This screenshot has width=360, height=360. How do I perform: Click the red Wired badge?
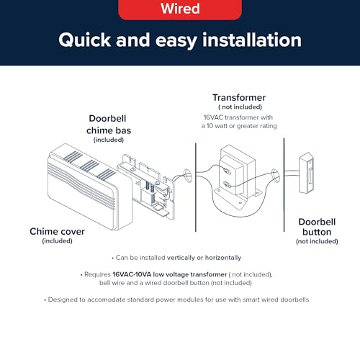tap(180, 9)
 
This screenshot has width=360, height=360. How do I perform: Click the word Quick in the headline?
tap(84, 40)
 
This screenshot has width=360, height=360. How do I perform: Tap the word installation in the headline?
tap(252, 40)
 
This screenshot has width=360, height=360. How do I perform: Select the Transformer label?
tap(239, 98)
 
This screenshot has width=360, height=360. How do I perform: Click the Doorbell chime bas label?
tap(109, 125)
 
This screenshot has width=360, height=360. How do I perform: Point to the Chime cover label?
tap(57, 232)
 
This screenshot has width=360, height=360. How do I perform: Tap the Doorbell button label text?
tap(317, 227)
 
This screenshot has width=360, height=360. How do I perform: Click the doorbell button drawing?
tap(307, 173)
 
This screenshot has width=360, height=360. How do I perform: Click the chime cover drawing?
tap(90, 187)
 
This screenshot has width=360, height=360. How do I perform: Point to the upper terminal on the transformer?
tap(227, 171)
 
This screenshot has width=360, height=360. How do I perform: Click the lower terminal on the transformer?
tap(227, 185)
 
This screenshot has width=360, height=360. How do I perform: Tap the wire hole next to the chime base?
tap(187, 174)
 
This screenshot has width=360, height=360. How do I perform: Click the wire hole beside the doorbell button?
tap(276, 175)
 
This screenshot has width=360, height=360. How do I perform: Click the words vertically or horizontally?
tap(204, 258)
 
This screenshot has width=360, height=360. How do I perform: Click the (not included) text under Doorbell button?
tap(317, 241)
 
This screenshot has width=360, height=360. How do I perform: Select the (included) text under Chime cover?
tap(57, 240)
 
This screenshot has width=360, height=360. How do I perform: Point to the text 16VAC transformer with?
tap(238, 117)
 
